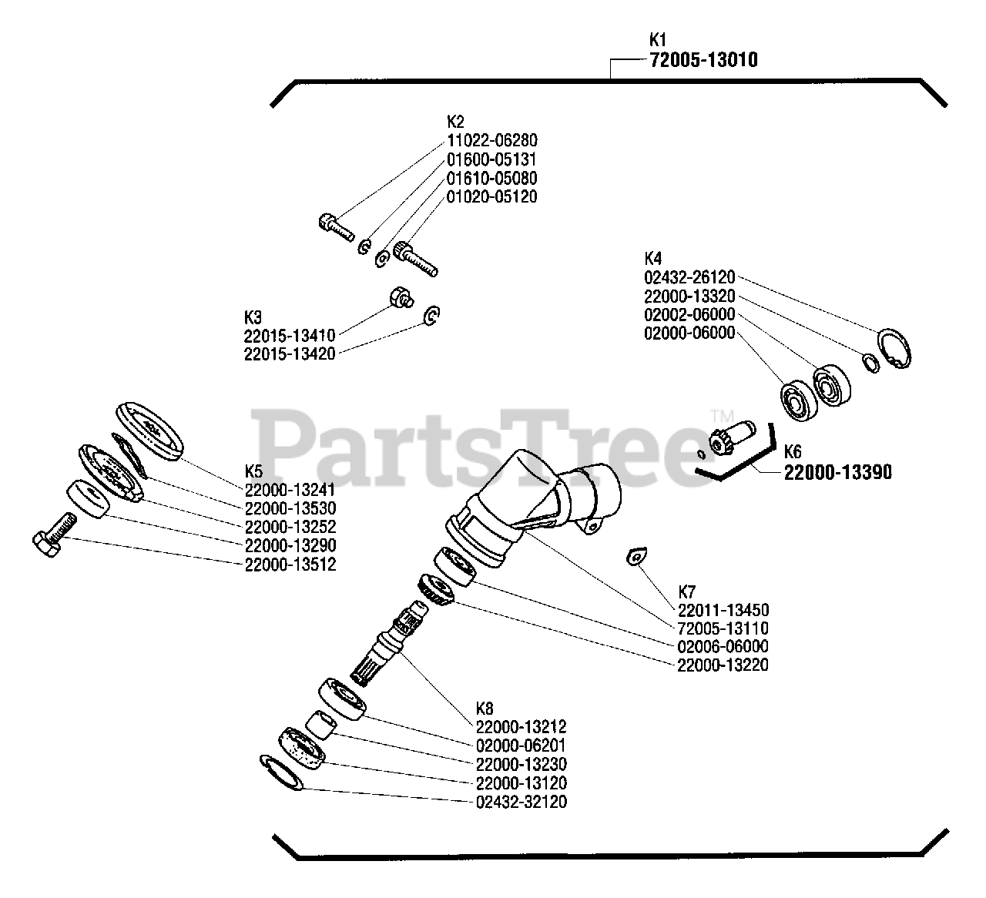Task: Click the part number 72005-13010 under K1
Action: (x=703, y=59)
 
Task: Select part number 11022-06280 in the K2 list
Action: (x=491, y=141)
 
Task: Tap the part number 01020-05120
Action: (x=491, y=196)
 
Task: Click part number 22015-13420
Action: (x=289, y=354)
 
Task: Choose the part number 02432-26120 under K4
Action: (x=689, y=277)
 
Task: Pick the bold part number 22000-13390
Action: (x=838, y=472)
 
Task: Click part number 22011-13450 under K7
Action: (x=723, y=610)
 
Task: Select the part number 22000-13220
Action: (x=723, y=665)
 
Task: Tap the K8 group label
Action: (x=485, y=709)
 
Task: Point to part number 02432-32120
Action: (x=522, y=802)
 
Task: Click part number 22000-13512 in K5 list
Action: (x=290, y=565)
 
